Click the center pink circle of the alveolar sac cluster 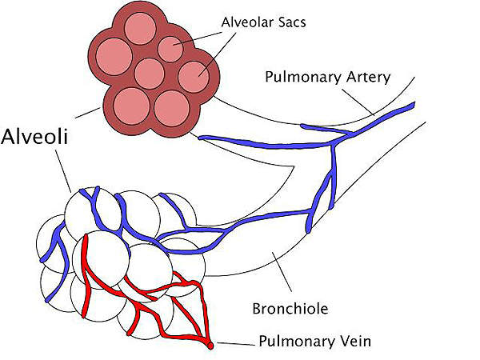tap(150, 74)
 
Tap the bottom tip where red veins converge tap(210, 346)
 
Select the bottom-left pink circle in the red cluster tap(130, 104)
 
